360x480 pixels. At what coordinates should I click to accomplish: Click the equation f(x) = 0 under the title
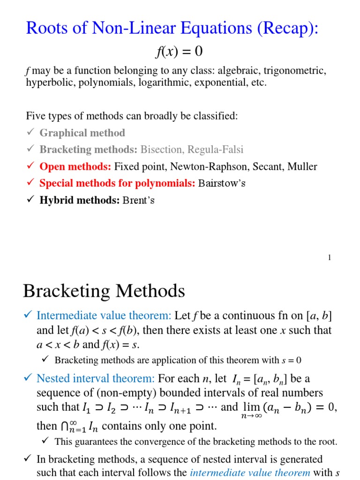179,51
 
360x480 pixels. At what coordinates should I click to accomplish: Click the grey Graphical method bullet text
82,133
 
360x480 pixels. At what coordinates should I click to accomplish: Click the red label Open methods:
75,166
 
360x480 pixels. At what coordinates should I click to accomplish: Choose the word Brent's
138,200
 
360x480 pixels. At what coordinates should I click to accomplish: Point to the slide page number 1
330,257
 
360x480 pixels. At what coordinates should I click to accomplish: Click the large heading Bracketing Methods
104,292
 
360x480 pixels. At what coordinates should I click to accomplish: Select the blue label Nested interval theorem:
96,378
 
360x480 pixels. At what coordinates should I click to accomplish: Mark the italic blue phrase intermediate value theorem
250,472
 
